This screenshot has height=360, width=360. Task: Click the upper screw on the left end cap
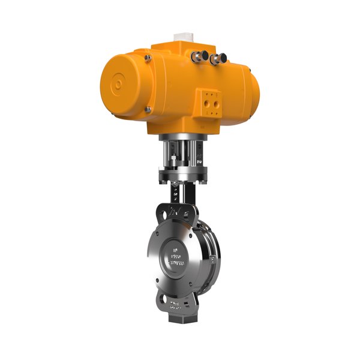pyautogui.click(x=146, y=58)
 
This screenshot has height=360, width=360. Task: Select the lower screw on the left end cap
pyautogui.click(x=148, y=109)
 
